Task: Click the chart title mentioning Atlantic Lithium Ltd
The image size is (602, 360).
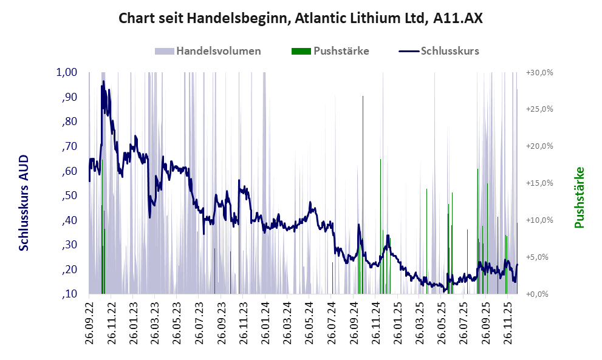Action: (301, 18)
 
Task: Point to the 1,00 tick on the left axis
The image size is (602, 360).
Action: (67, 72)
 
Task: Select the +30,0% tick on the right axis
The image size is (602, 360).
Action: (539, 72)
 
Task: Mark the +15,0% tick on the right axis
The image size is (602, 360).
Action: (539, 183)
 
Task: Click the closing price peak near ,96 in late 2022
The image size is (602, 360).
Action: (103, 81)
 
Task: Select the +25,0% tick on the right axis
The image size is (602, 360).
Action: (539, 109)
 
